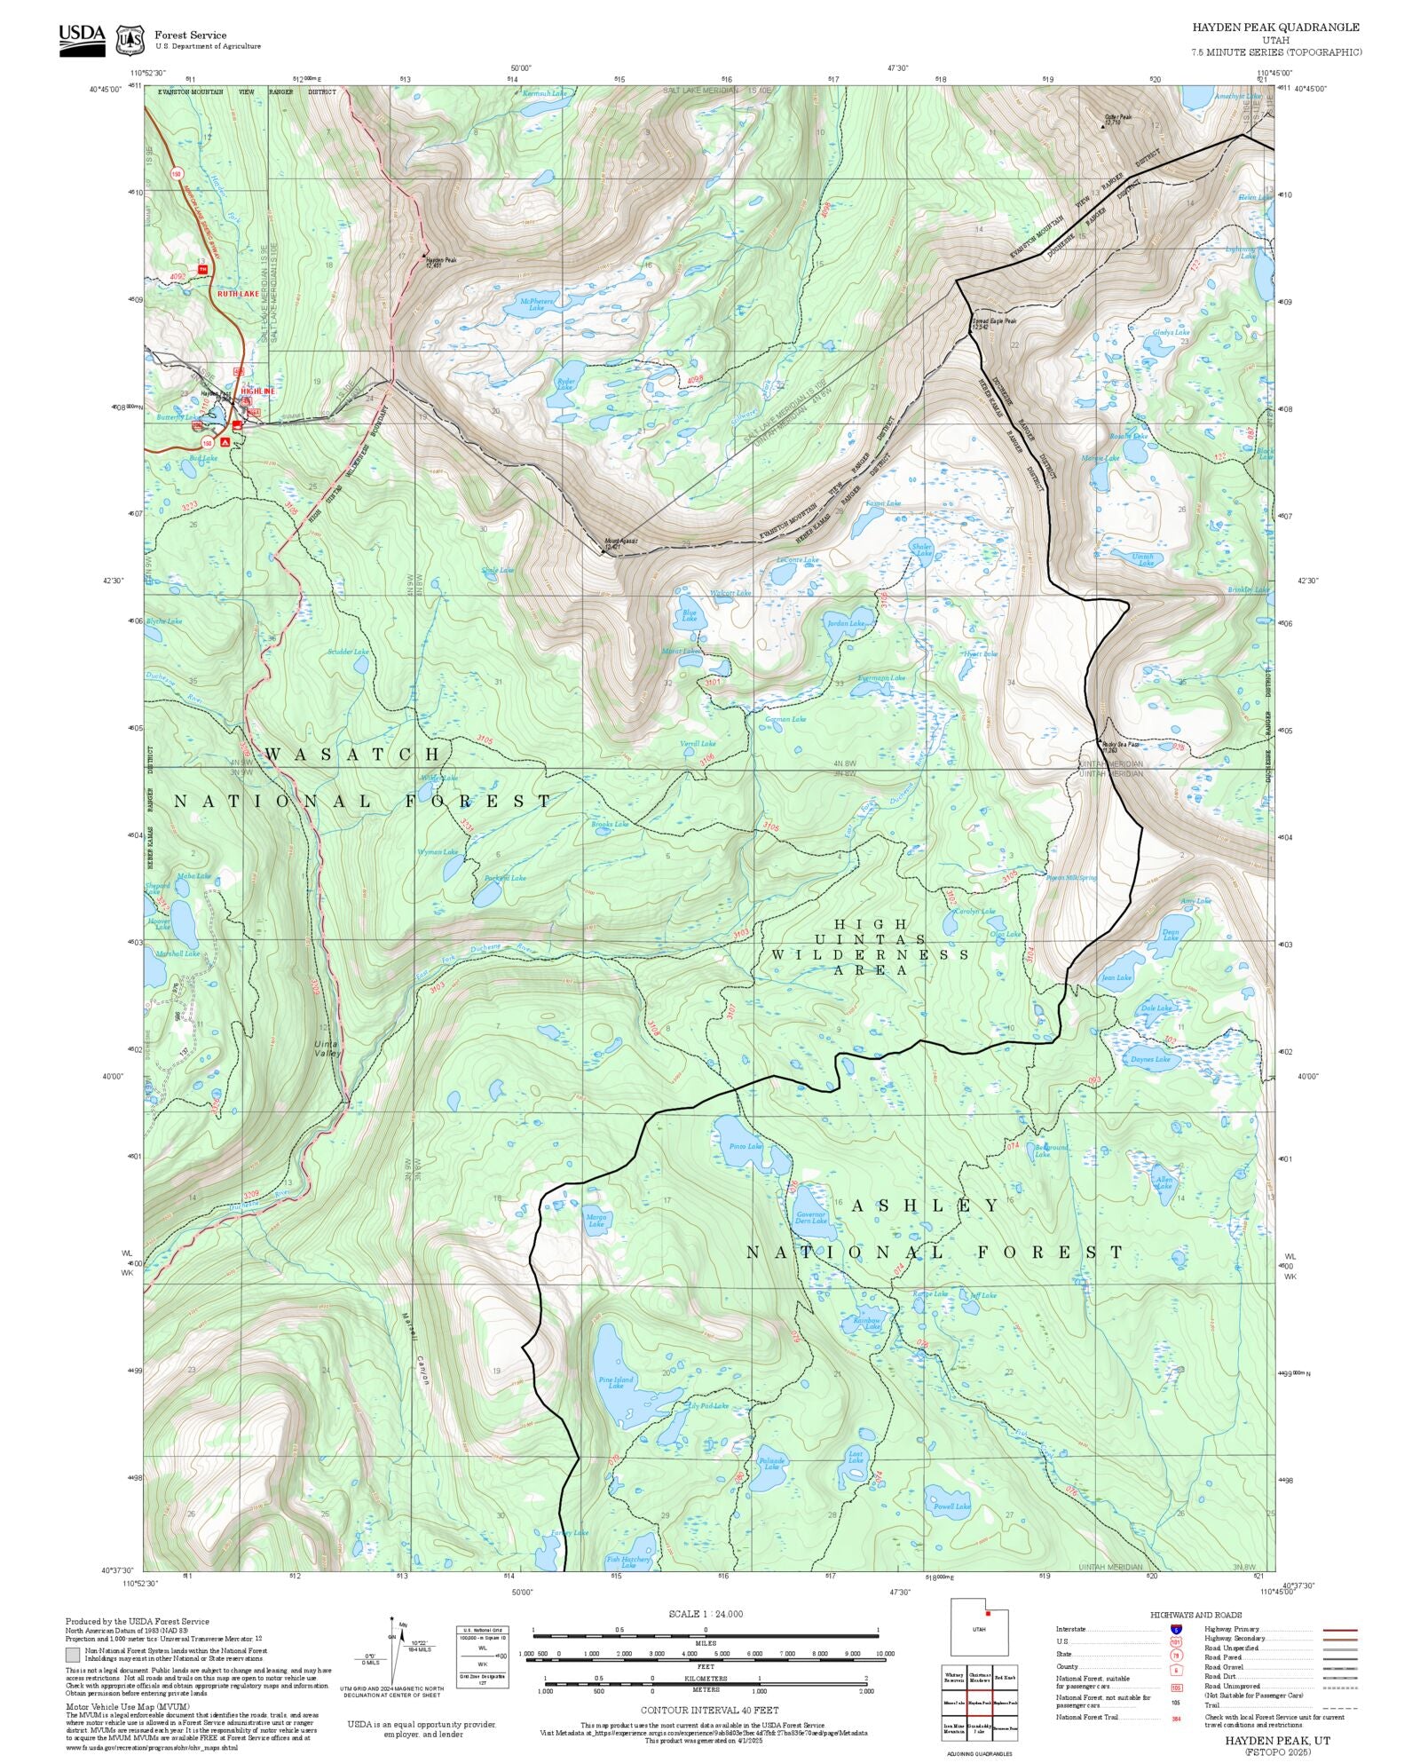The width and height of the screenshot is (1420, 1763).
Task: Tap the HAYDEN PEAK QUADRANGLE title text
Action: (x=1275, y=27)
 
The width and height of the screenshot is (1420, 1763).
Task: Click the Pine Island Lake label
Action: (x=616, y=1382)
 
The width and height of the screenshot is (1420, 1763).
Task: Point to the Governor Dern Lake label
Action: (x=810, y=1217)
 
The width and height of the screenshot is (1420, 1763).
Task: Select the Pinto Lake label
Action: (x=745, y=1146)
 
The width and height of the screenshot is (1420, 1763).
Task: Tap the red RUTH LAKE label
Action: (x=238, y=293)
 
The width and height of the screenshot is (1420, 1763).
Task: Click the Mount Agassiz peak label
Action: (x=620, y=543)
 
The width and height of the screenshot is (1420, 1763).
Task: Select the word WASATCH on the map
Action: (x=353, y=754)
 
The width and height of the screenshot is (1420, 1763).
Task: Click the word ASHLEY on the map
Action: (x=926, y=1206)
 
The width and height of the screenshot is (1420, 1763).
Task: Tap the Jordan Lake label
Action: (x=845, y=623)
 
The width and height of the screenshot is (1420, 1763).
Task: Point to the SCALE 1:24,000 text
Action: (x=706, y=1614)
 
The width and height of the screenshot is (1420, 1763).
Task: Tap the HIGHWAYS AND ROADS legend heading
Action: (x=1195, y=1615)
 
